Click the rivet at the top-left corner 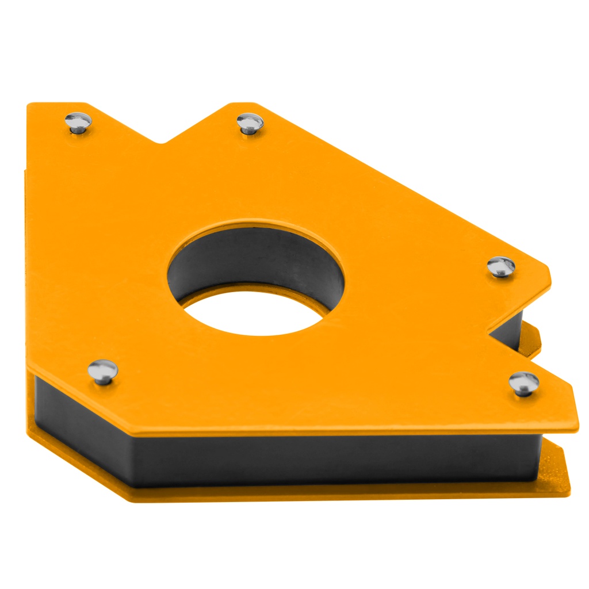point(78,123)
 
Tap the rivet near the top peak point(250,123)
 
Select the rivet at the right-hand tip point(501,266)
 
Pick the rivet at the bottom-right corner point(524,383)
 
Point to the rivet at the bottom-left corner point(102,370)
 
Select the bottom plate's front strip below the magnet point(345,492)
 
